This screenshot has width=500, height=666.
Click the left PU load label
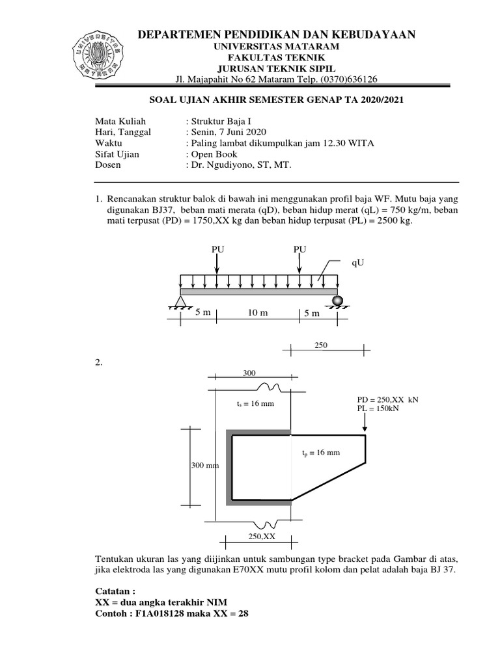click(217, 249)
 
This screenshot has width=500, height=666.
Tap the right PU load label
click(299, 249)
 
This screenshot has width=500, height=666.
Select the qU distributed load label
click(359, 263)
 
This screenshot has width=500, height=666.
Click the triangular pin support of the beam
click(180, 300)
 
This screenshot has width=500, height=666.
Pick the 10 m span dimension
click(258, 313)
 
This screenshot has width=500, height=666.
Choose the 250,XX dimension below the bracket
click(262, 537)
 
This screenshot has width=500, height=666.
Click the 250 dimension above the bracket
click(322, 345)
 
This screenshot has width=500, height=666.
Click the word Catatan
click(115, 591)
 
